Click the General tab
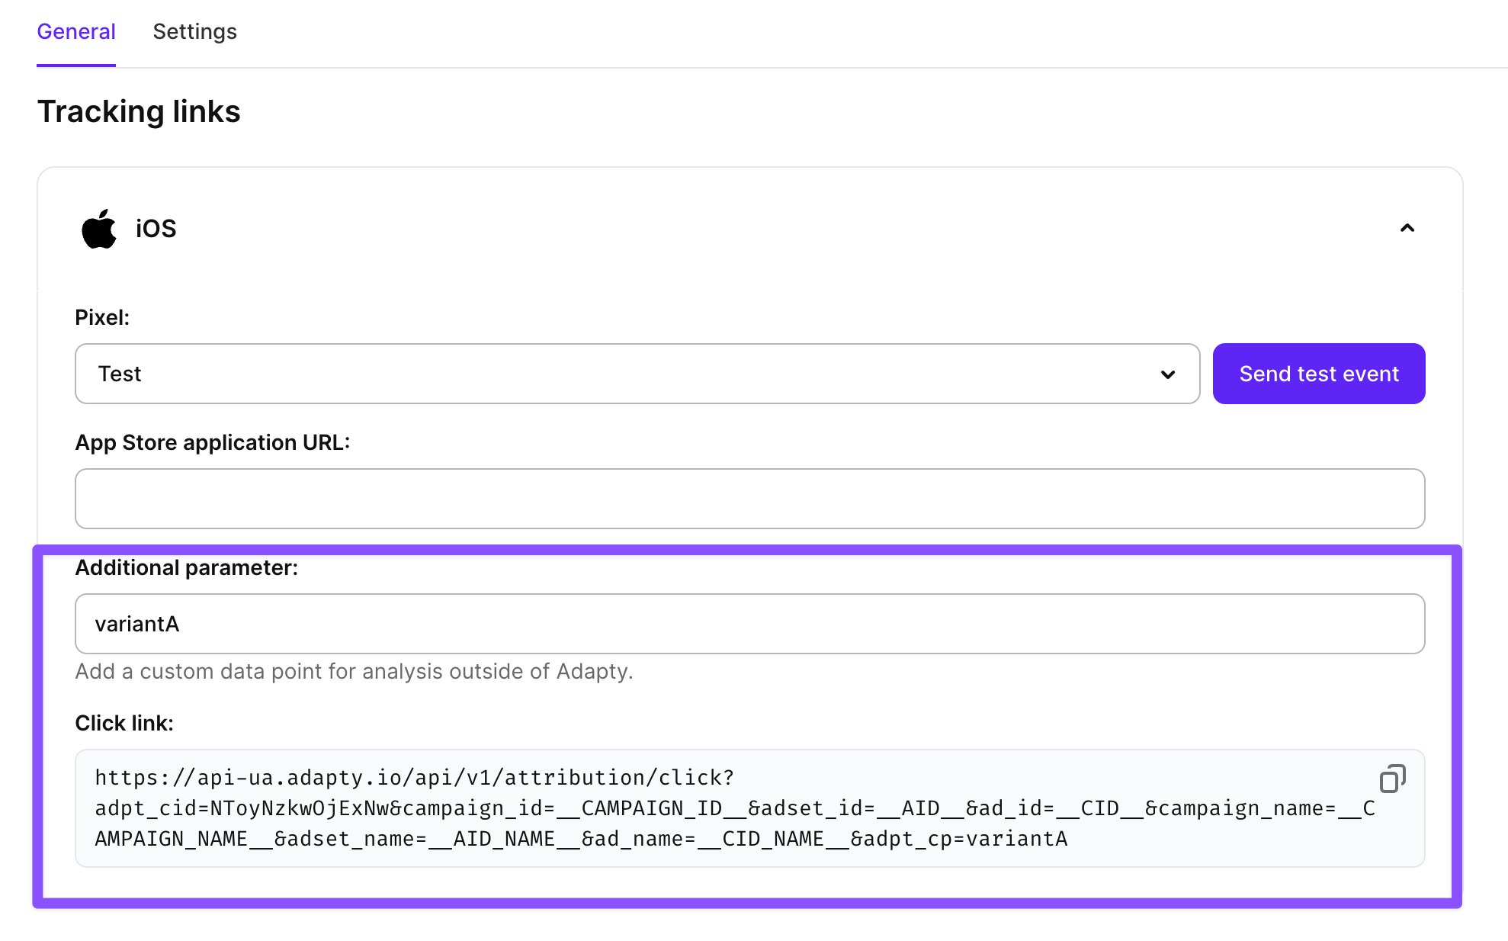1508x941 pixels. coord(76,32)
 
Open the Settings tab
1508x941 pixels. coord(194,32)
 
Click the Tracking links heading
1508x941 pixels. coord(139,111)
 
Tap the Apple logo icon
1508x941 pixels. coord(99,229)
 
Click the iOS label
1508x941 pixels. coord(156,229)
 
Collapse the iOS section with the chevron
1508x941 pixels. coord(1407,228)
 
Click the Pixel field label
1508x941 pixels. coord(102,317)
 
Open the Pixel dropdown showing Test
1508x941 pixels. coord(637,374)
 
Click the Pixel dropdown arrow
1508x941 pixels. coord(1168,374)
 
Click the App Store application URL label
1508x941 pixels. coord(213,442)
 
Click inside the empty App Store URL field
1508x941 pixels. coord(750,499)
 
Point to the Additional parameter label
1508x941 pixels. coord(187,567)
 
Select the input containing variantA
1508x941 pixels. coord(750,624)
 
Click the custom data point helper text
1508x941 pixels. coord(355,671)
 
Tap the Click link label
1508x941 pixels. coord(124,723)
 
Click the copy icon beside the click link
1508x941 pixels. coord(1393,779)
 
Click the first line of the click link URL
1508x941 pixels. coord(415,778)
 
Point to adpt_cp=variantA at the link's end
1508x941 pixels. coord(959,839)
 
